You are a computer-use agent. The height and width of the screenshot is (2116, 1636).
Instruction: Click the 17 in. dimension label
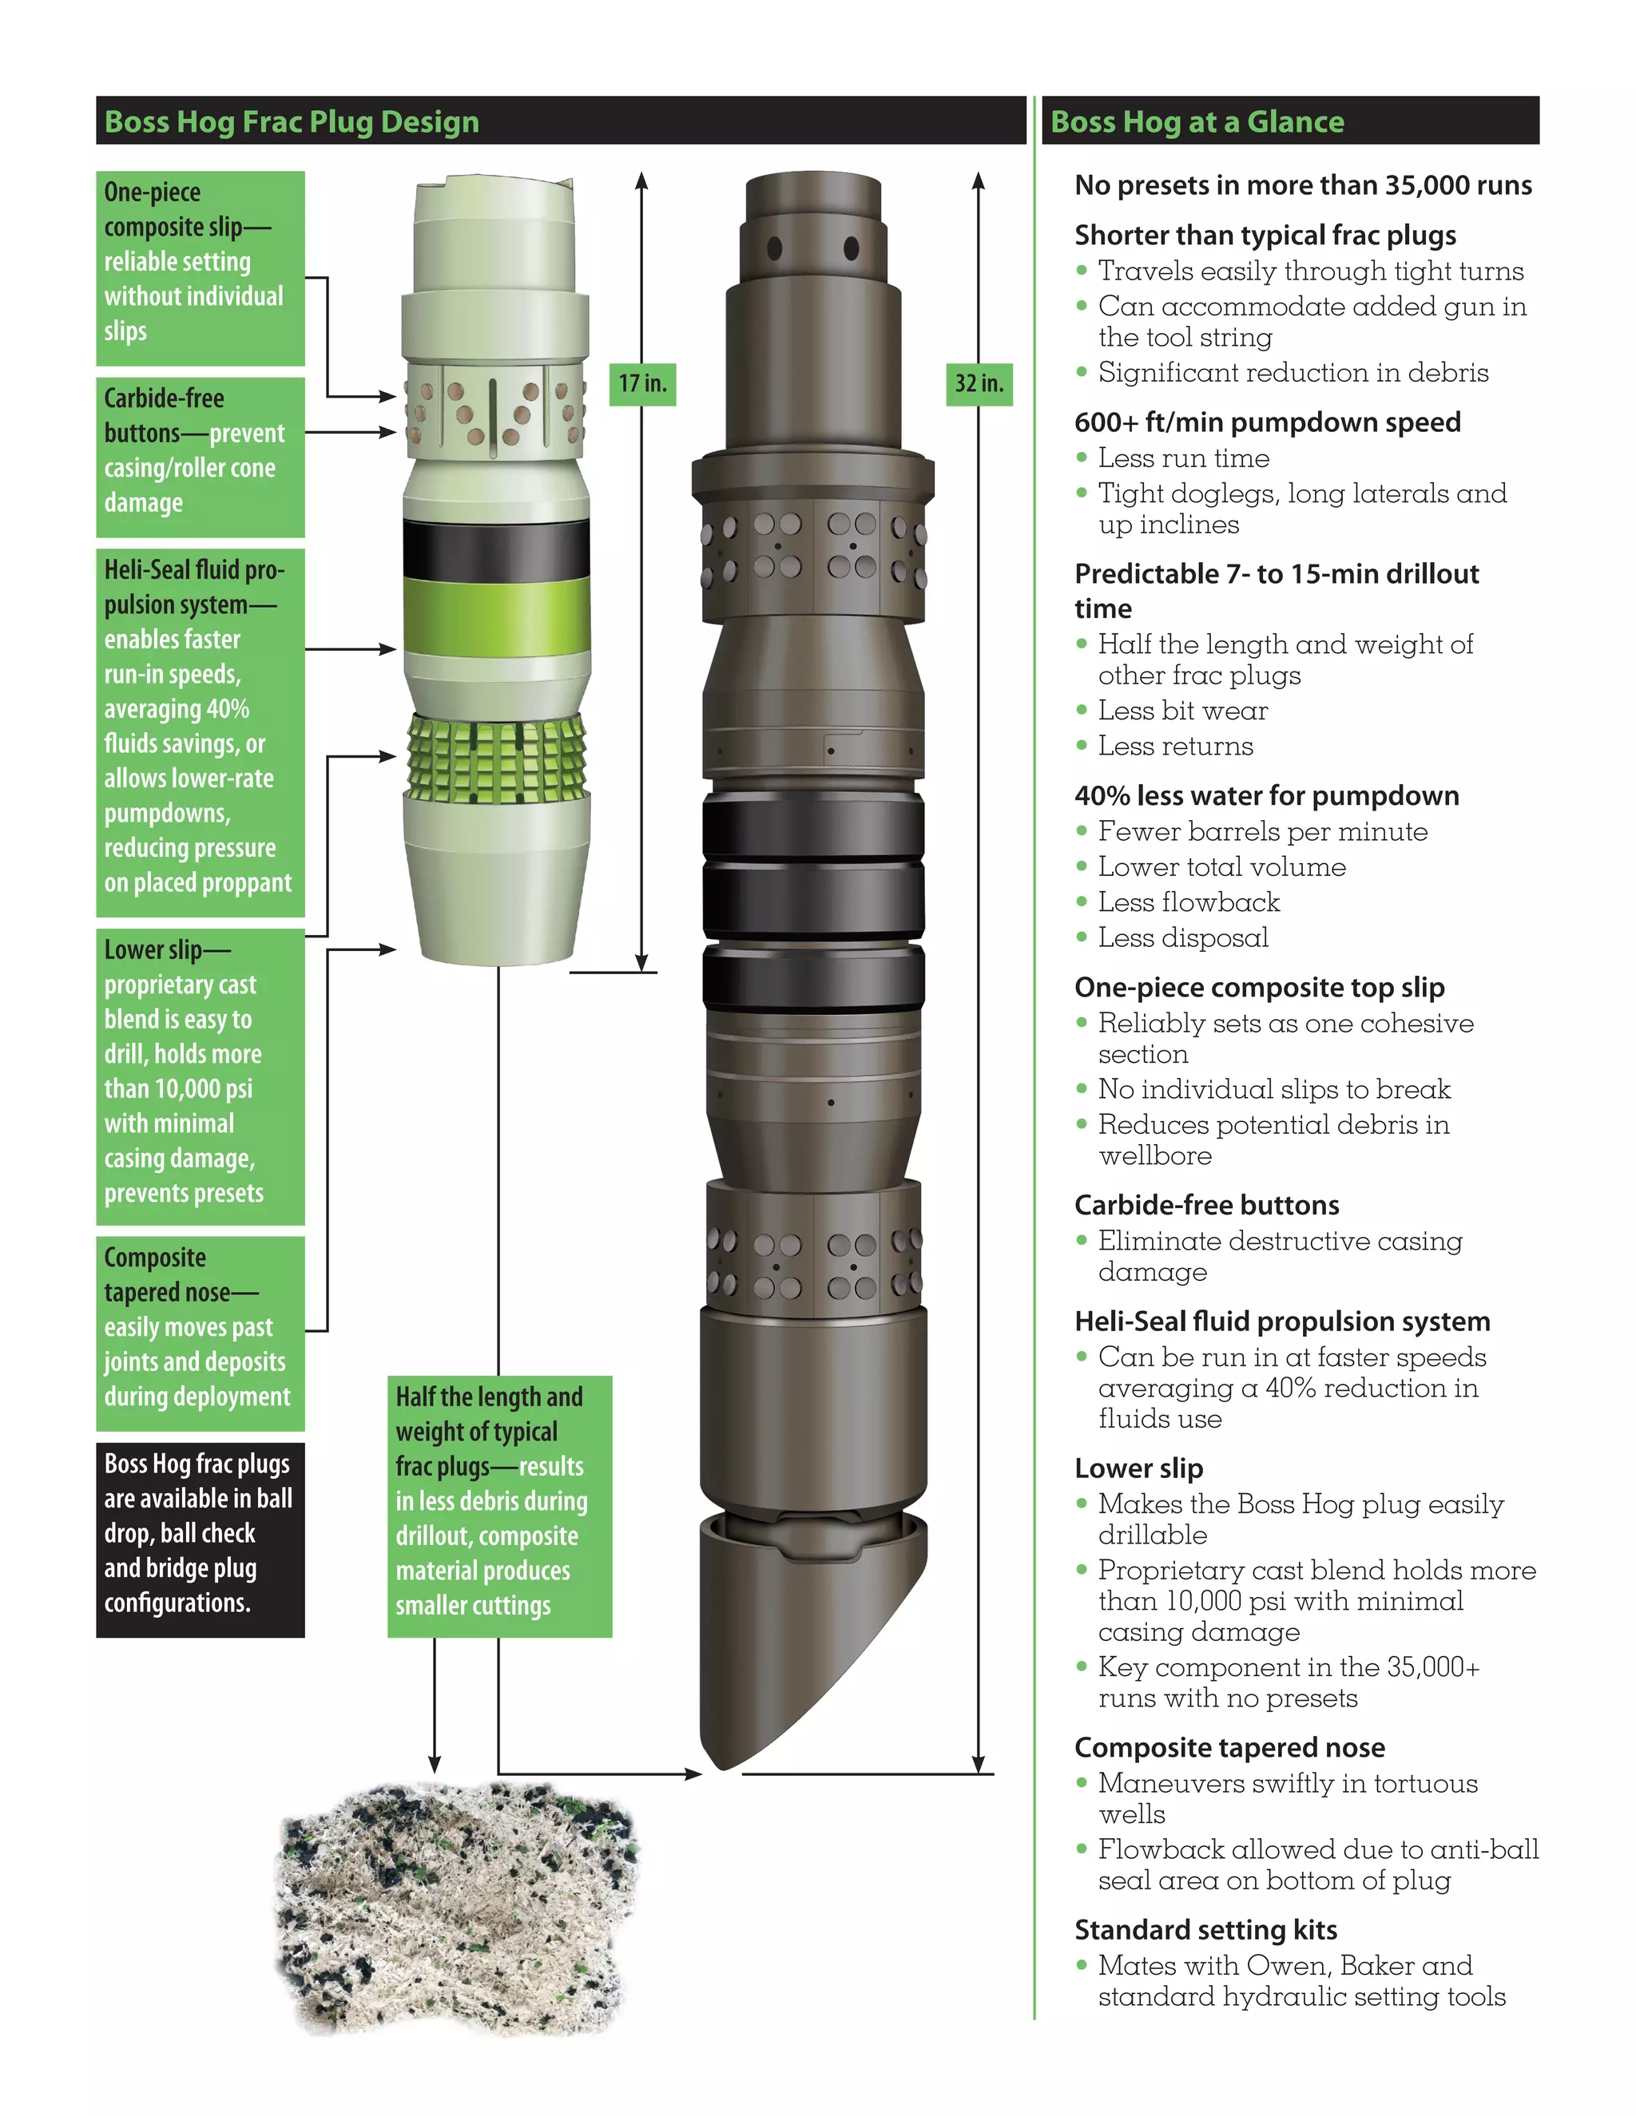click(641, 383)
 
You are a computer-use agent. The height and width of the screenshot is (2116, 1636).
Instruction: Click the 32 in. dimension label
click(979, 383)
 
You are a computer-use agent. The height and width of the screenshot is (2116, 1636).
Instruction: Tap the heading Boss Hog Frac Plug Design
click(292, 122)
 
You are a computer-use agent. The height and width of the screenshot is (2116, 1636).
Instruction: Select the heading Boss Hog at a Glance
click(1197, 122)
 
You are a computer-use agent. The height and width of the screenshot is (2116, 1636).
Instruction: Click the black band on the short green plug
click(496, 549)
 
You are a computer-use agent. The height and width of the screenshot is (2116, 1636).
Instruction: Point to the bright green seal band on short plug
click(496, 615)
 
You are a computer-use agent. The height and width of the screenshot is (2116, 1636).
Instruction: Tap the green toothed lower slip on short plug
click(496, 759)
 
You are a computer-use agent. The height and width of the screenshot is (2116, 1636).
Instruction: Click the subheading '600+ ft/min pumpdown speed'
click(1267, 422)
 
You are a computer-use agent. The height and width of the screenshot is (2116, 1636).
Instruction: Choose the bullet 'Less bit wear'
click(1182, 711)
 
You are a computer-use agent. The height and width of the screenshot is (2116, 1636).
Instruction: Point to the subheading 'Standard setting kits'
click(1205, 1930)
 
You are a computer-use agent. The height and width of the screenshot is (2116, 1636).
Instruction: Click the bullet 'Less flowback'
click(1188, 903)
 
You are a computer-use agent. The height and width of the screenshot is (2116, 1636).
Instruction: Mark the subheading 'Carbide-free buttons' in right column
click(1207, 1205)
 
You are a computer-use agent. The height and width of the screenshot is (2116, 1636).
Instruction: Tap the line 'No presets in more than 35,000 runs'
click(1303, 185)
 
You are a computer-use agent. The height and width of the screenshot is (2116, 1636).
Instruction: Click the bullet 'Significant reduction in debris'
click(1293, 373)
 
